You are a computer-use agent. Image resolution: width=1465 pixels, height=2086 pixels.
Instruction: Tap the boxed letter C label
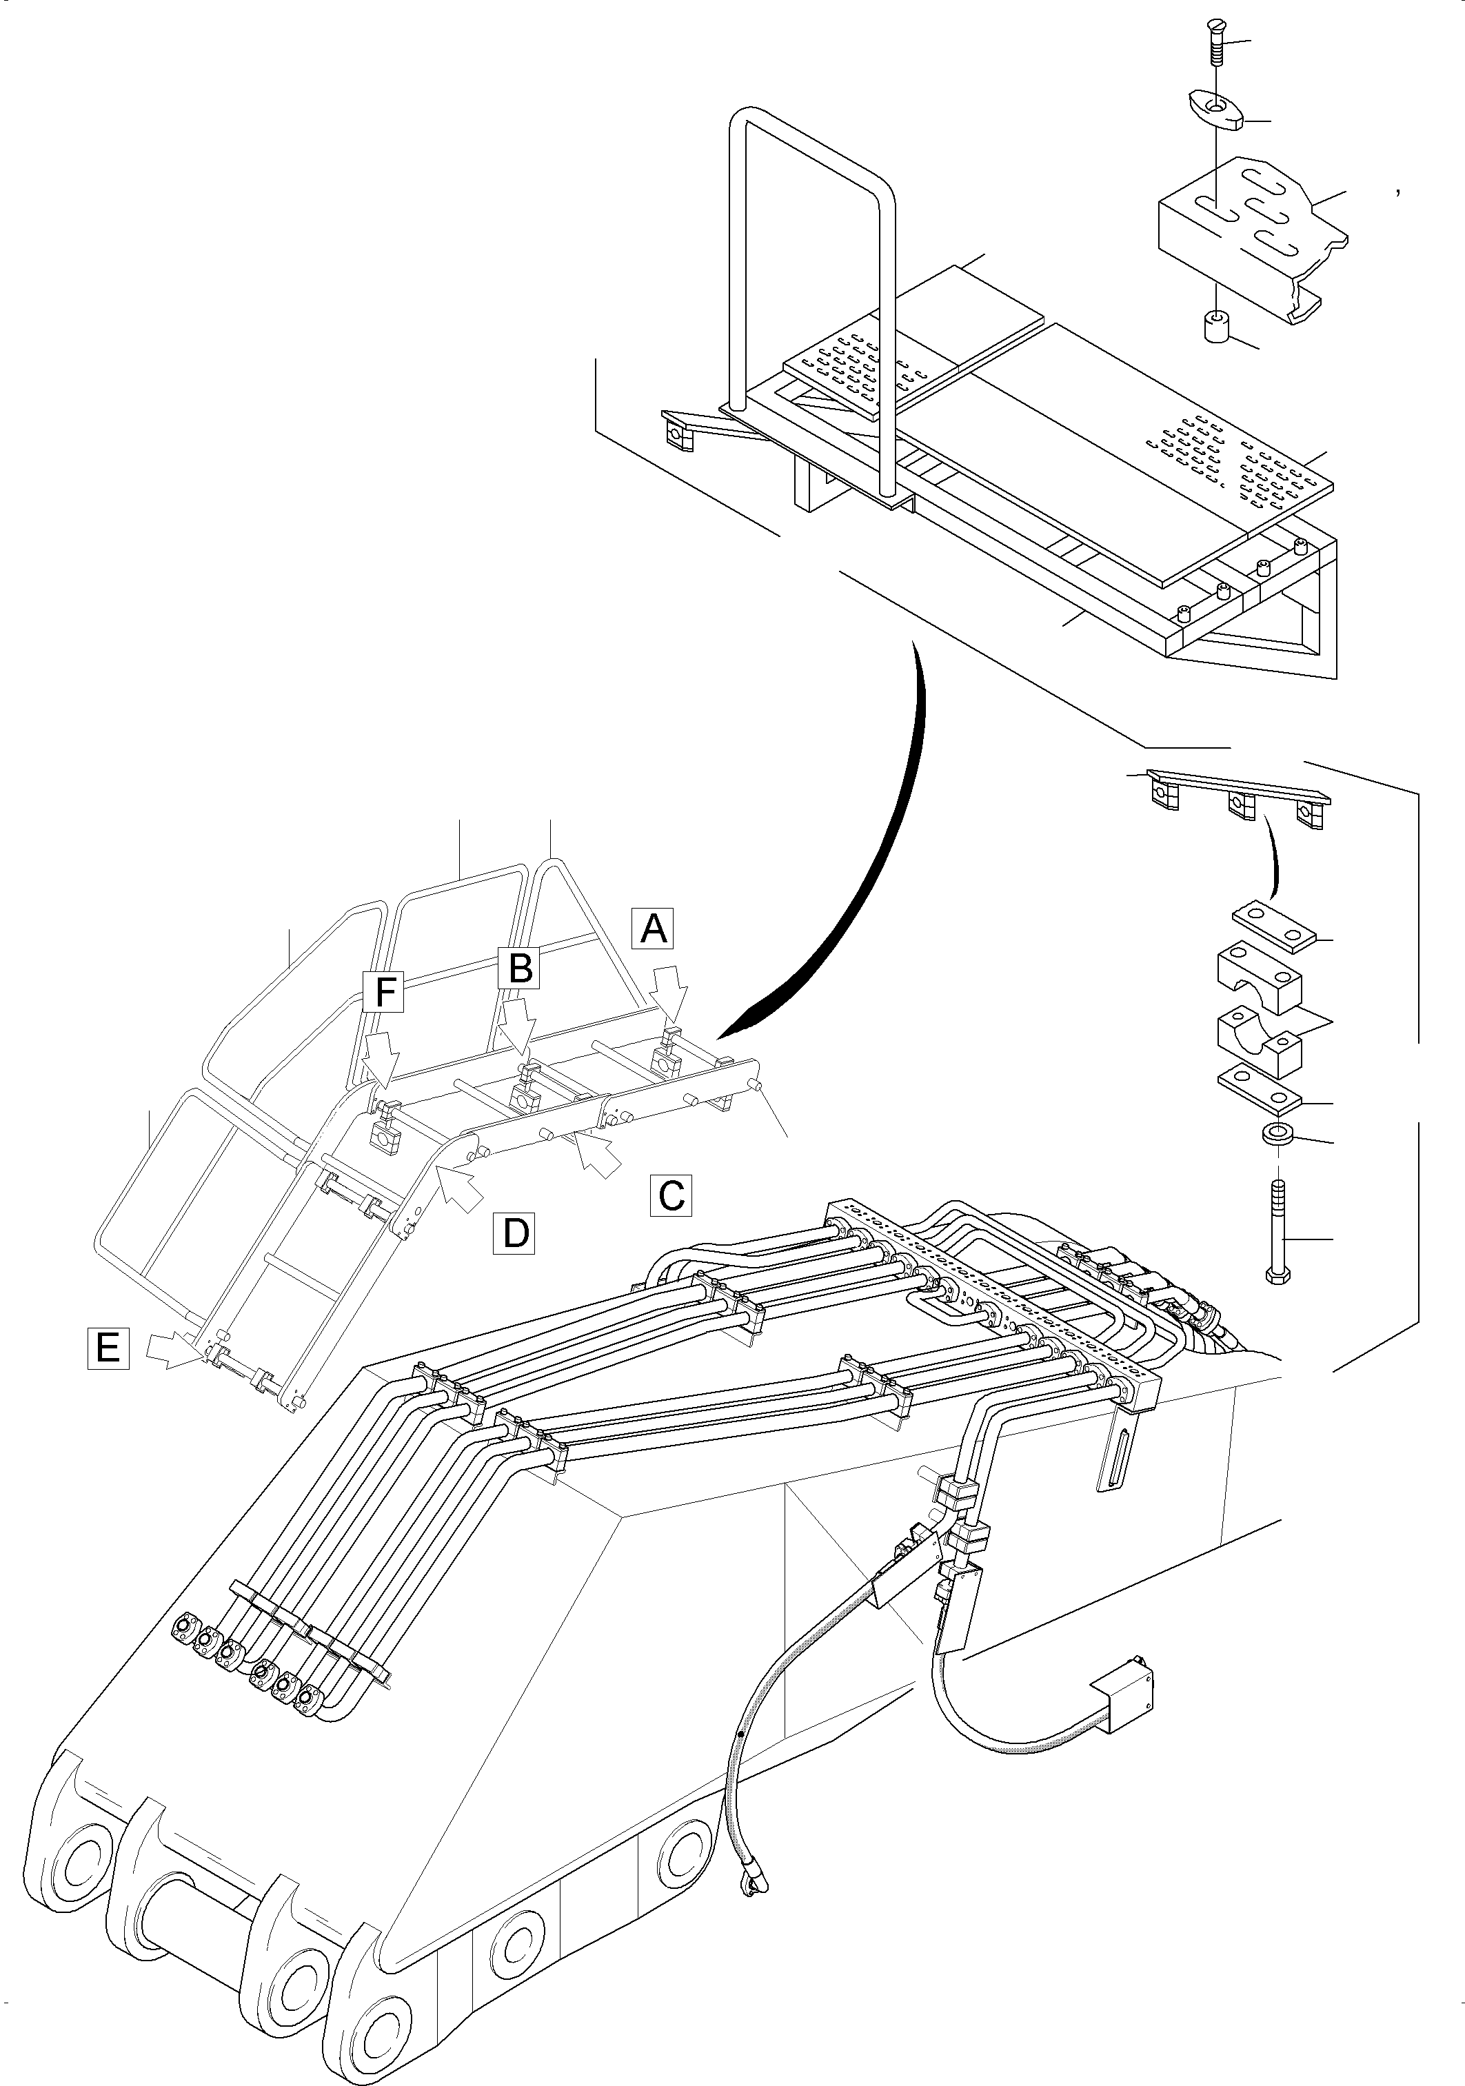[671, 1195]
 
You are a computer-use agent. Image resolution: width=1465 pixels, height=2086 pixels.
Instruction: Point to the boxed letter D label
[514, 1234]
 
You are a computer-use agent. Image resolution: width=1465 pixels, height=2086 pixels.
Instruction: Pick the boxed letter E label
[108, 1348]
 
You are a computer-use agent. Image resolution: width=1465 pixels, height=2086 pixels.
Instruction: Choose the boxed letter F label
[383, 992]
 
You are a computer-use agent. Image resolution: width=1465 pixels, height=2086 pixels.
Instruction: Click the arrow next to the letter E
[171, 1351]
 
